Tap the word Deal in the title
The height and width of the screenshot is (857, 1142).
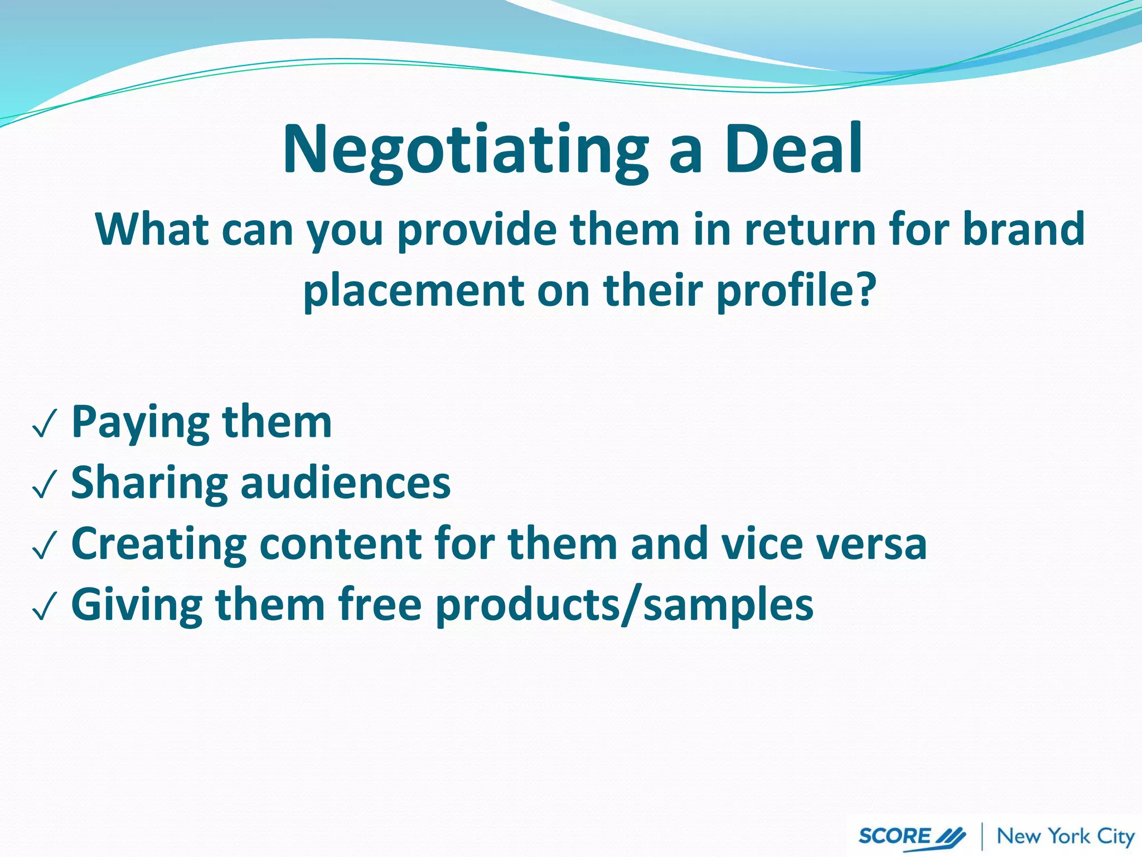tap(793, 150)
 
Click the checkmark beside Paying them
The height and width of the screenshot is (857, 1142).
tap(45, 426)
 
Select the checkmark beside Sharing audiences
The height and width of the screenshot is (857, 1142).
tap(45, 485)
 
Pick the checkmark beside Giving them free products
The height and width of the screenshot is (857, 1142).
tap(45, 607)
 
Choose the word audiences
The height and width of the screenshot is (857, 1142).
tap(345, 483)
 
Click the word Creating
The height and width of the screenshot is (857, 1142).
tap(159, 544)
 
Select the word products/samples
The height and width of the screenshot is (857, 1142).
tap(624, 605)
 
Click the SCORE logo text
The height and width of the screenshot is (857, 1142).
tap(896, 836)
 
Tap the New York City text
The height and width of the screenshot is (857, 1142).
tap(1066, 836)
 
